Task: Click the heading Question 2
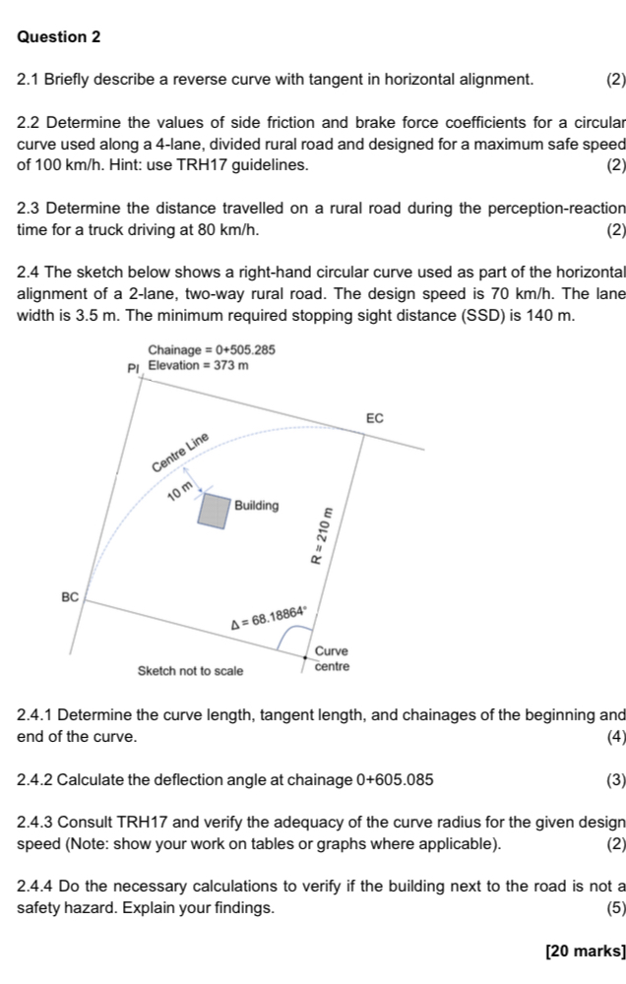pyautogui.click(x=59, y=36)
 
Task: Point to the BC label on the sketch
pyautogui.click(x=69, y=596)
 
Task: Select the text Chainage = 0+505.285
pyautogui.click(x=211, y=350)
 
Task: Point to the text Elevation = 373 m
pyautogui.click(x=200, y=365)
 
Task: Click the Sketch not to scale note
pyautogui.click(x=190, y=670)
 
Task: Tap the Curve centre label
pyautogui.click(x=331, y=659)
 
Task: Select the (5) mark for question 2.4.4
pyautogui.click(x=616, y=908)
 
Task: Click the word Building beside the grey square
pyautogui.click(x=257, y=506)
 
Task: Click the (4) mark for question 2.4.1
pyautogui.click(x=616, y=736)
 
